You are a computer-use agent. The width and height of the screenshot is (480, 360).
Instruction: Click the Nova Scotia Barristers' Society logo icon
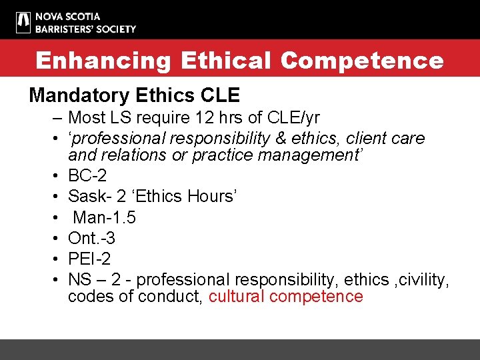[x=23, y=22]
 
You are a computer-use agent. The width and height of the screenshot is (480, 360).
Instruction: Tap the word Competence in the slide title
[x=361, y=61]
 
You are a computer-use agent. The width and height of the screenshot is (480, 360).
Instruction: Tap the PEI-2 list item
[x=89, y=259]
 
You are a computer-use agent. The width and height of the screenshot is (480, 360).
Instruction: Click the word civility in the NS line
[x=424, y=279]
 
